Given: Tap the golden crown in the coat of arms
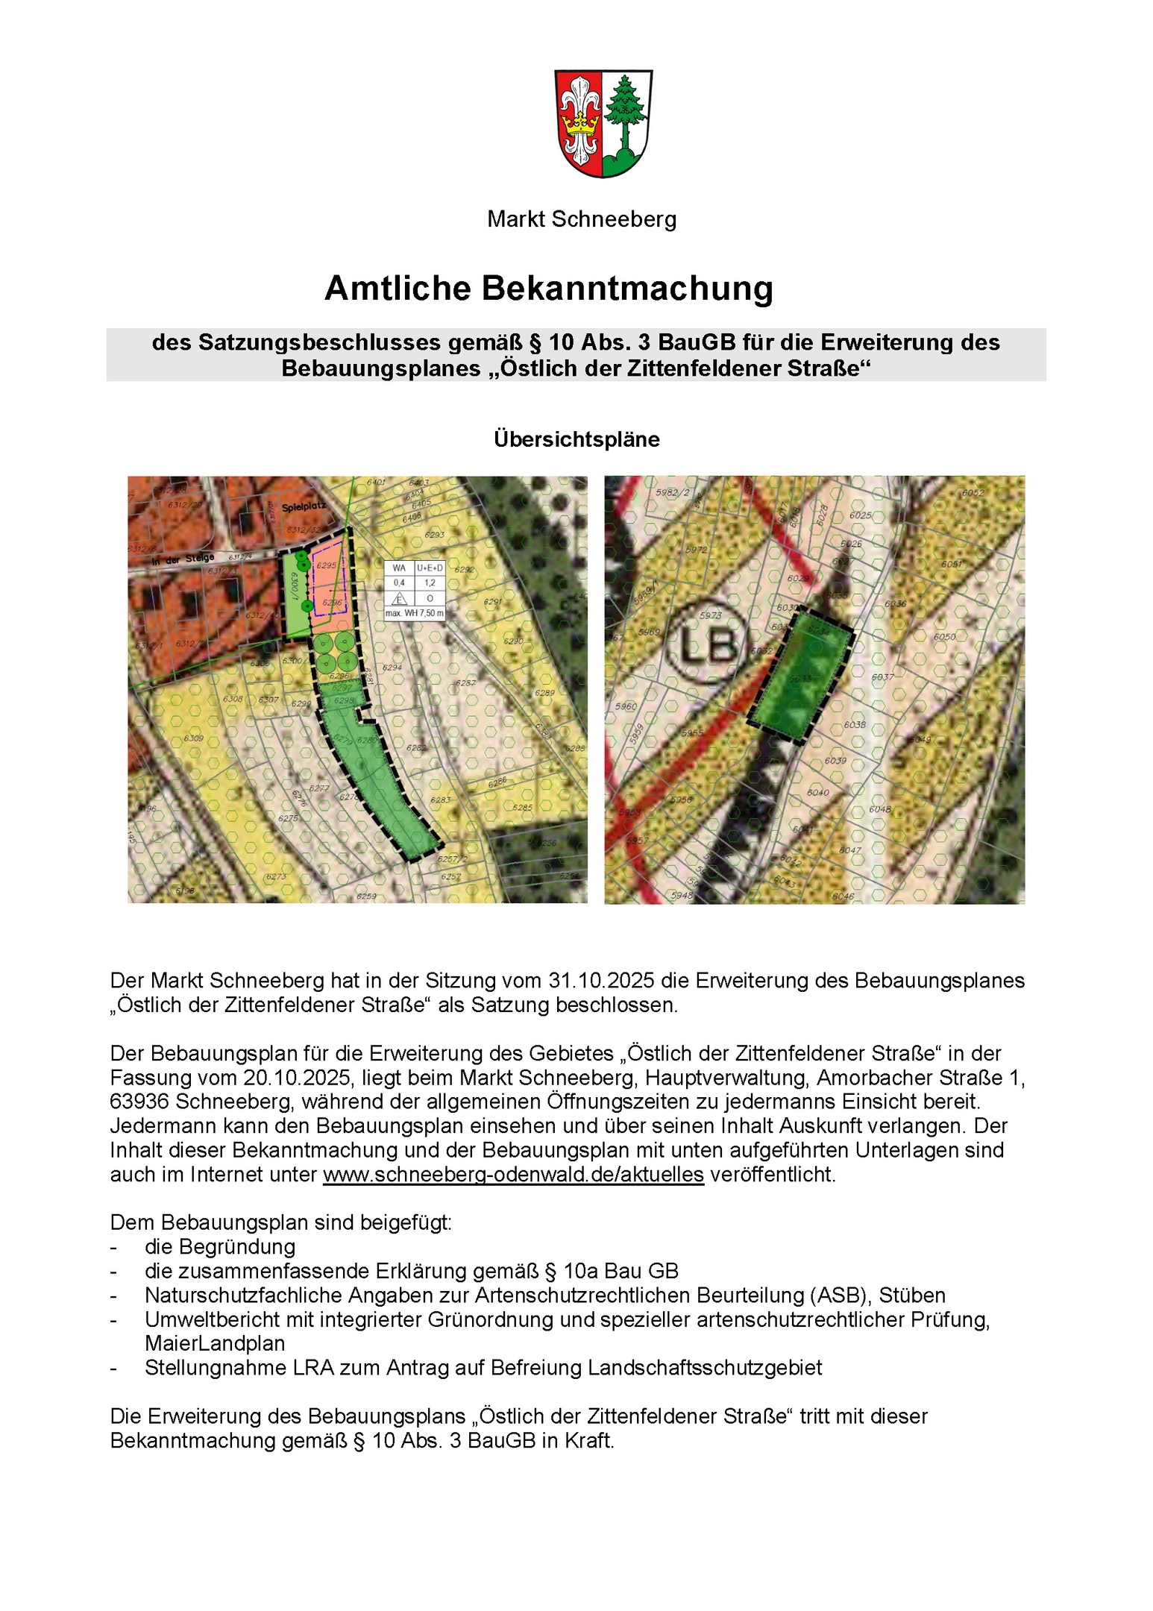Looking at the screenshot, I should point(580,122).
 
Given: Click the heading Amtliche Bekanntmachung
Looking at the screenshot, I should point(549,289).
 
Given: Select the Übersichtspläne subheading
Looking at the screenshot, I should point(576,439).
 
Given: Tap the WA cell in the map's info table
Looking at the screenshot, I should point(399,568).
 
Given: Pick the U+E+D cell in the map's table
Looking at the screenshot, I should point(430,568).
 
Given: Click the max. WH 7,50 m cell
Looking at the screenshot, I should point(415,613).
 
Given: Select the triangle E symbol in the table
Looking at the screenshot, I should point(400,598).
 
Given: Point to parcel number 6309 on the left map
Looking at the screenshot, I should point(193,738).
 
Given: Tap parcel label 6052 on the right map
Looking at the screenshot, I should point(973,493).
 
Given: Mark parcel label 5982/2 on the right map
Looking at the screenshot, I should point(672,493).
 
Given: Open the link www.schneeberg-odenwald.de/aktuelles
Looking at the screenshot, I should point(513,1175).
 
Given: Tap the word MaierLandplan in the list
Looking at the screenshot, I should point(215,1344).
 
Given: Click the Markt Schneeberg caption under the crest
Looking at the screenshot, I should point(582,219).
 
